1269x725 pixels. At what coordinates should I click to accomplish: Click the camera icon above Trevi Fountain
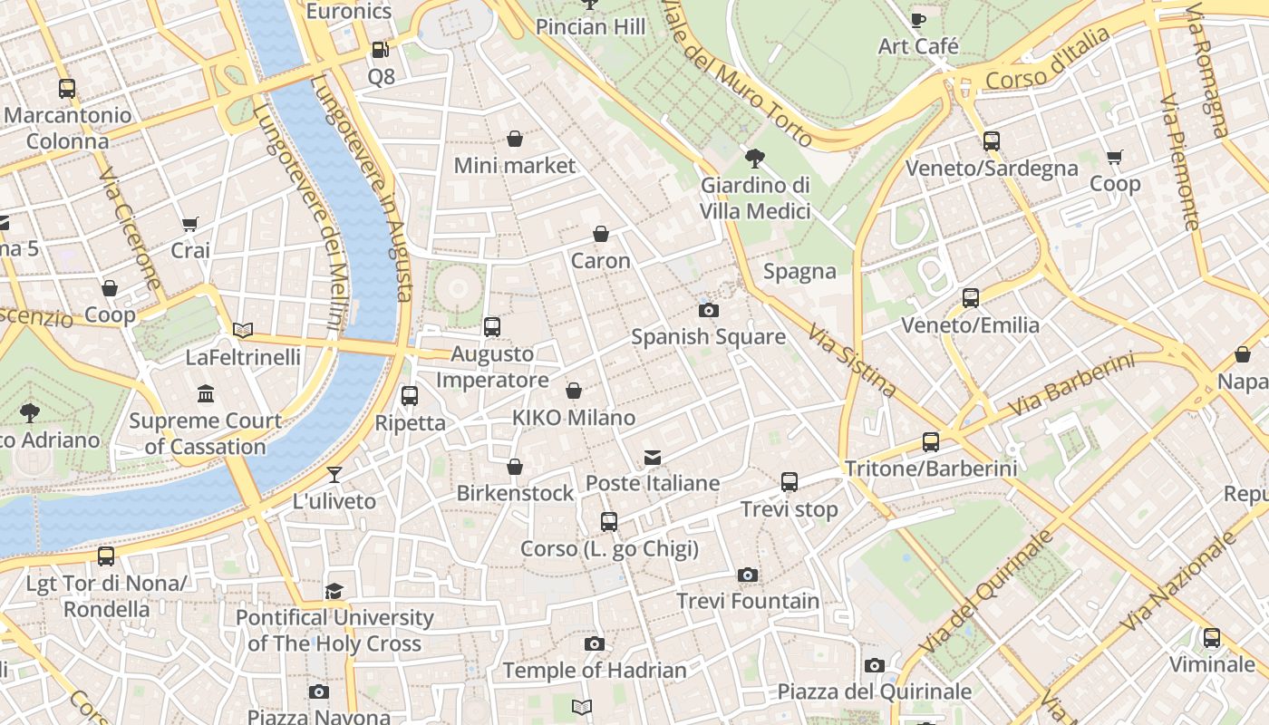click(747, 575)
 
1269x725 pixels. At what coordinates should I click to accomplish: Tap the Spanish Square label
click(708, 336)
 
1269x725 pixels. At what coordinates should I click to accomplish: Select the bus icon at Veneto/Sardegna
click(991, 141)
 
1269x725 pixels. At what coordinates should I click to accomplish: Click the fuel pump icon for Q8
click(381, 51)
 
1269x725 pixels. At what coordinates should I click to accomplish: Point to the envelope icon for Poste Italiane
click(653, 458)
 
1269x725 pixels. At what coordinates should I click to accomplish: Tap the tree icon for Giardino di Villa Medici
click(754, 159)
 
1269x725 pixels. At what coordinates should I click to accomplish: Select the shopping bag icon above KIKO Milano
click(574, 391)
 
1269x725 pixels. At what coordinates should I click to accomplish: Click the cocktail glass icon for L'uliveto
click(334, 474)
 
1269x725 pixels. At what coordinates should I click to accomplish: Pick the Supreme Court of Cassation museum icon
click(206, 394)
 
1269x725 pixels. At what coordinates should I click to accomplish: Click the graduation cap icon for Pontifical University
click(334, 591)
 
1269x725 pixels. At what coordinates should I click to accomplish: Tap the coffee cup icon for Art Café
click(918, 20)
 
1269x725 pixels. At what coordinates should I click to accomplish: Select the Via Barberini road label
click(1070, 384)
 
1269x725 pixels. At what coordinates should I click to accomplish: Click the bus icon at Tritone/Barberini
click(931, 442)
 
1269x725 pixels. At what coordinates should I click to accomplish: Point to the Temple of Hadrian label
click(594, 671)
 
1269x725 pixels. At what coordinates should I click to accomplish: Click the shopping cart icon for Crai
click(190, 224)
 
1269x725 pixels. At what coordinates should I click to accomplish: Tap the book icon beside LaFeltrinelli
click(243, 330)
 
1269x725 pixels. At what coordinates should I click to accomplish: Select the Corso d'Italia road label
click(1047, 59)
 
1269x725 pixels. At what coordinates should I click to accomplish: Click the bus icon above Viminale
click(1212, 638)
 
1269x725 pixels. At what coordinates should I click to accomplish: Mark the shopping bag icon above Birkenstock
click(515, 467)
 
